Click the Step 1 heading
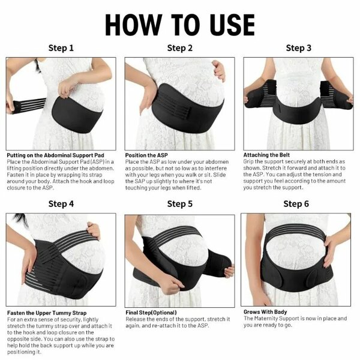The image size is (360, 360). tap(61, 48)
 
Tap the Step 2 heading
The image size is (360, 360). tap(180, 48)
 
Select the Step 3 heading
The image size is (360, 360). tap(298, 48)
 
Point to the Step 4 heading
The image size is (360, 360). tap(61, 204)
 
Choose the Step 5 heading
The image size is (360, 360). tap(180, 204)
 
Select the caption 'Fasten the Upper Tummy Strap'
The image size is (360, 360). tap(47, 313)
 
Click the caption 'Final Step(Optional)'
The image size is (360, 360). tap(150, 313)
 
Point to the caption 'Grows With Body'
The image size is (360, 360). tap(265, 312)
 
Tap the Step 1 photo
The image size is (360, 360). tap(61, 103)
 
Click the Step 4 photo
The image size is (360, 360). tap(61, 259)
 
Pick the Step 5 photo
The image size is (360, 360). tap(180, 259)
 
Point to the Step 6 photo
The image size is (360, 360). tap(296, 259)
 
